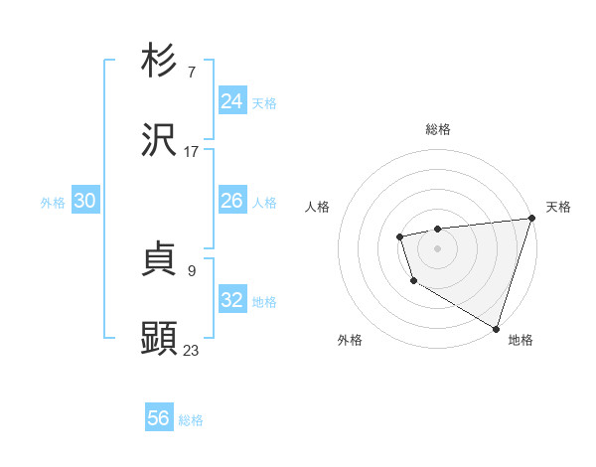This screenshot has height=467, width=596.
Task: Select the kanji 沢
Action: (159, 140)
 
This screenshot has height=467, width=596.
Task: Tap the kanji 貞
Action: (159, 259)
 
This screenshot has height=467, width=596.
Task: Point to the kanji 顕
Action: (159, 339)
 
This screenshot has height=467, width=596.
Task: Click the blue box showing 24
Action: (231, 101)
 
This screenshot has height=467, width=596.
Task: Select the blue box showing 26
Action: (231, 201)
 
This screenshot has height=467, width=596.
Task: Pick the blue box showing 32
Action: (231, 300)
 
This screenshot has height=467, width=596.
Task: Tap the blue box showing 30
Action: (84, 201)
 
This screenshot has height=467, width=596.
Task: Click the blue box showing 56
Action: (158, 418)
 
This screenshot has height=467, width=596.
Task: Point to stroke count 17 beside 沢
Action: (192, 152)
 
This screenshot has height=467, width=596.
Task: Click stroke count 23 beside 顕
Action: (192, 350)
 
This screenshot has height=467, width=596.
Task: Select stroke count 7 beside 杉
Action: (192, 73)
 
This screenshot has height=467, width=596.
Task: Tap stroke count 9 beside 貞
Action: (192, 270)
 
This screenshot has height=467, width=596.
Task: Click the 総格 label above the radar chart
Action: (438, 129)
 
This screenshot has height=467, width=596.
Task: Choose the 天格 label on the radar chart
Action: (558, 207)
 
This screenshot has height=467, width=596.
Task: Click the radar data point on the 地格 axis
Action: (496, 328)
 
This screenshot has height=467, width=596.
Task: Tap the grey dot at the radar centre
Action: (438, 247)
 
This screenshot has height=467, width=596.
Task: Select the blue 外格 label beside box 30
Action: (53, 203)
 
